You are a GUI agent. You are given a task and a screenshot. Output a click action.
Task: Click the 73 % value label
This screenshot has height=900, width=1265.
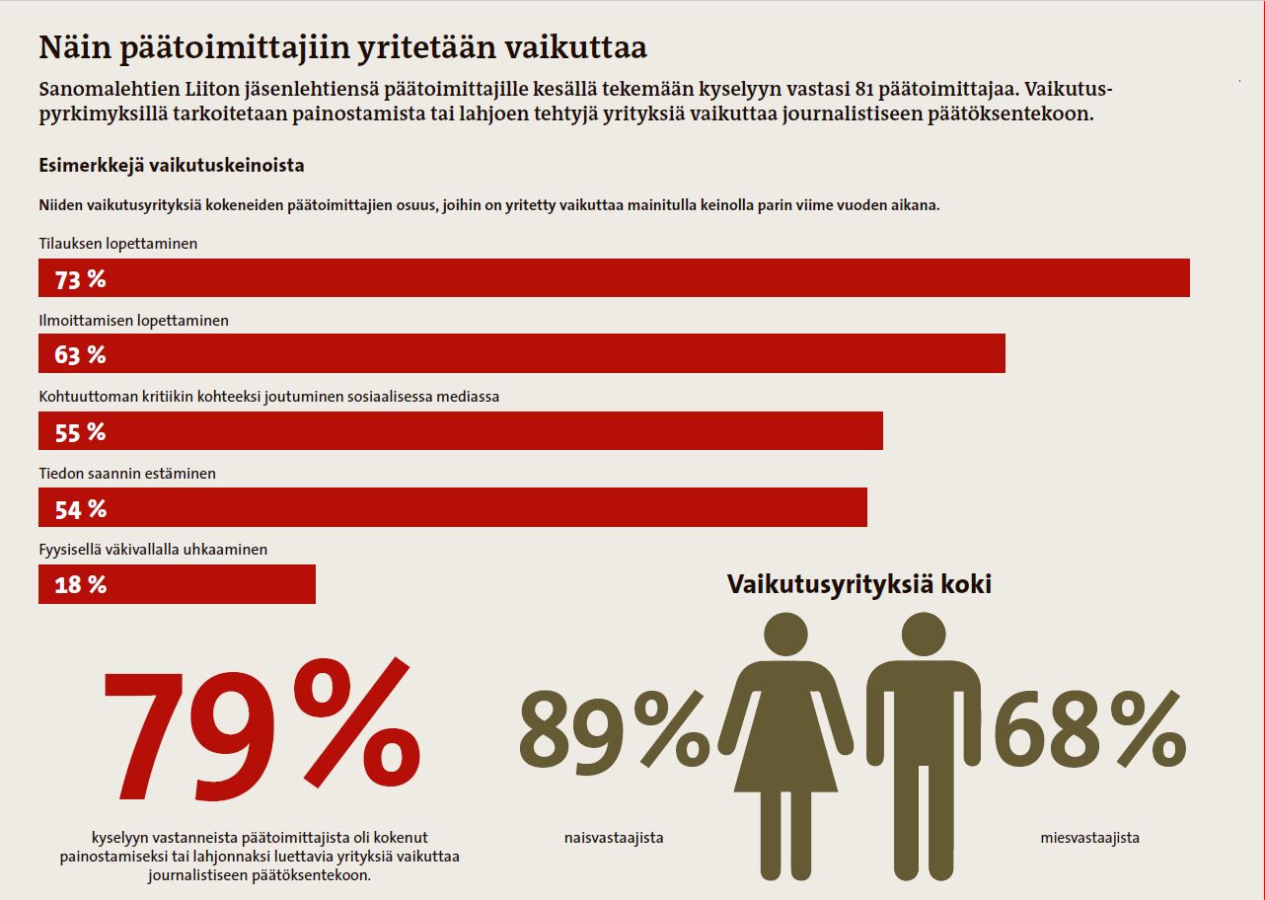(80, 279)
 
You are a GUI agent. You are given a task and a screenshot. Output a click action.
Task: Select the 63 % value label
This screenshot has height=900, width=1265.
(80, 355)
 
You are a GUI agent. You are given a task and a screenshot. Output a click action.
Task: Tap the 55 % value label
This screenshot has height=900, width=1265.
(80, 432)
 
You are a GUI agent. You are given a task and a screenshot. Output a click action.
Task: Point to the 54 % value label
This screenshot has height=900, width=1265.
(80, 509)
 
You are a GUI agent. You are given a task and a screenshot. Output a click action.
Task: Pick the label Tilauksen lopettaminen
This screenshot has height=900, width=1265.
(117, 243)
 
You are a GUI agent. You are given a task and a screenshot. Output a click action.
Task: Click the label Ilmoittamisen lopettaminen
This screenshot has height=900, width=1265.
(133, 321)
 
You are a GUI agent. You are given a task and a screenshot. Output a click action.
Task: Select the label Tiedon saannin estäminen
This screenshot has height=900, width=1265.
(126, 474)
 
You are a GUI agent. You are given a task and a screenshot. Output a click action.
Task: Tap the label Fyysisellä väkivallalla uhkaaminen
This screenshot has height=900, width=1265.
(153, 550)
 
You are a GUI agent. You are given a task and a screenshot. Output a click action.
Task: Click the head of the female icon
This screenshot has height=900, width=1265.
(786, 636)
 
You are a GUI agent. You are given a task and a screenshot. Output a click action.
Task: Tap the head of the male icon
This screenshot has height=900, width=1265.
(924, 636)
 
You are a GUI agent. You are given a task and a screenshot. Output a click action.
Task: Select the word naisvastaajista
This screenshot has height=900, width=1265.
(607, 838)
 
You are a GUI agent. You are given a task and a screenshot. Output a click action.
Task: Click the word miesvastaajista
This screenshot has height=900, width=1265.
(1089, 838)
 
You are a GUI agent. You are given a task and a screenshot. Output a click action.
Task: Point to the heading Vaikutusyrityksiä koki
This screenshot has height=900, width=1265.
(858, 583)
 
